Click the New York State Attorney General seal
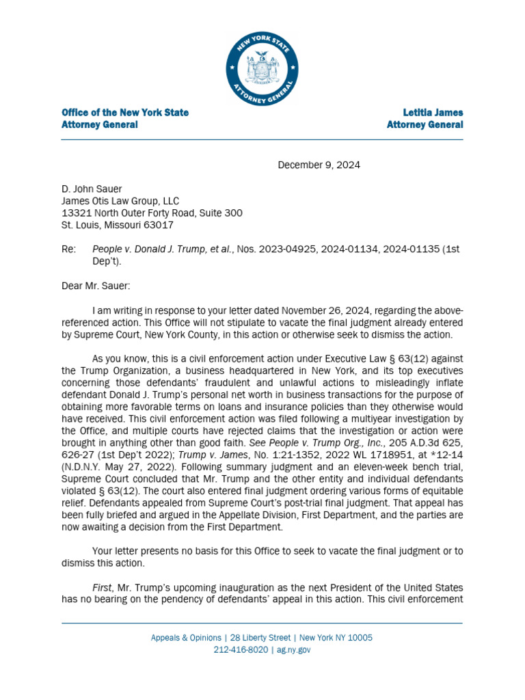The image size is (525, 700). coord(262,70)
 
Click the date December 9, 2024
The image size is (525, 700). coord(318,165)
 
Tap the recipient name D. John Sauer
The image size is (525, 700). coord(92,189)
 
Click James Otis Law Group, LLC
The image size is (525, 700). coord(120,201)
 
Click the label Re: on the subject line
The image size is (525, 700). coord(69,250)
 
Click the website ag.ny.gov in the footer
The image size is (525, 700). coord(293,650)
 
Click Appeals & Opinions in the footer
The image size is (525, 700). coord(186,638)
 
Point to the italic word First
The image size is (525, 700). coord(103,588)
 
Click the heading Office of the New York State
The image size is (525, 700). coord(125,112)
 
